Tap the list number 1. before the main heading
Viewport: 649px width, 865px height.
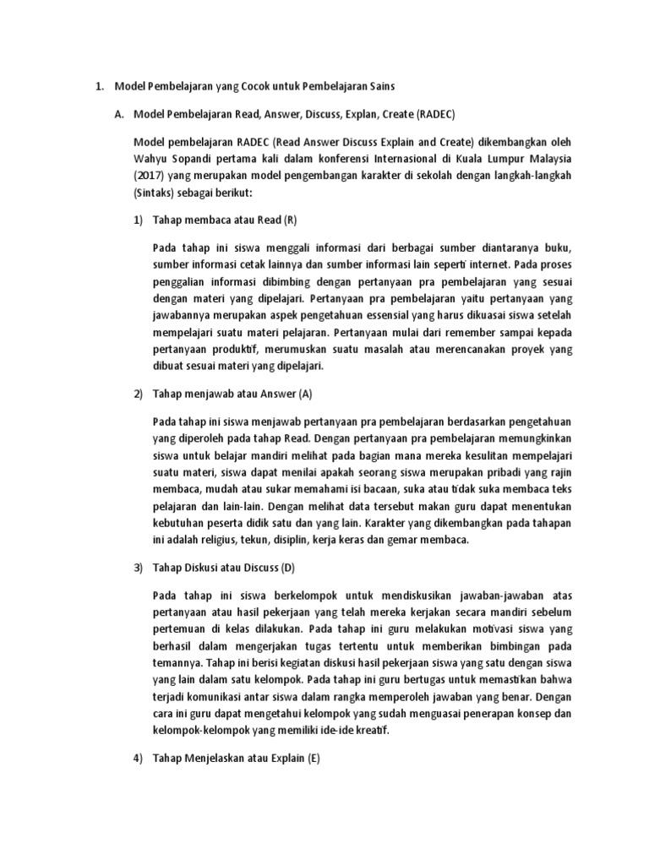coord(98,85)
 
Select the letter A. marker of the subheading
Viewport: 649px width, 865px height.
coord(119,116)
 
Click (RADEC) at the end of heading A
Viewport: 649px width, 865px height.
coord(436,116)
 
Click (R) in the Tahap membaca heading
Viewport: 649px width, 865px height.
coord(290,220)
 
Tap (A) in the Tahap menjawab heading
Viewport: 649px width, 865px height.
coord(305,394)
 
